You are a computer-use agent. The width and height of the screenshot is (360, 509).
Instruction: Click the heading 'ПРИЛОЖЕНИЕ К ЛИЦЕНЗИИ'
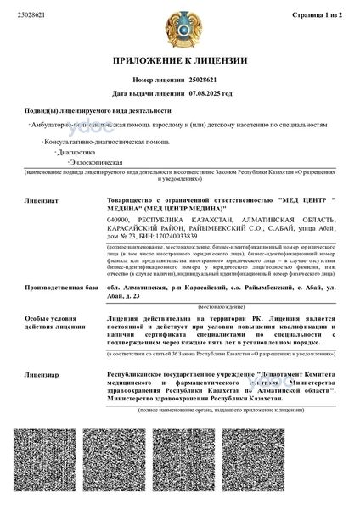click(179, 62)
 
